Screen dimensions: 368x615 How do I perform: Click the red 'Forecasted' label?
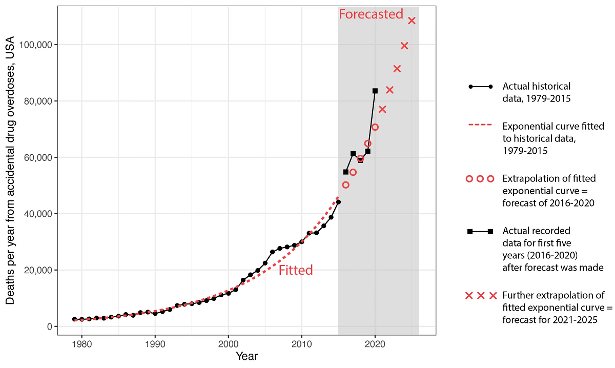[371, 14]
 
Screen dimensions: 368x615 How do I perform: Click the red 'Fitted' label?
[296, 270]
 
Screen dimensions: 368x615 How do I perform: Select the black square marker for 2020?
[375, 91]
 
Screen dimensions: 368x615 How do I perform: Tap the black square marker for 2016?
[345, 172]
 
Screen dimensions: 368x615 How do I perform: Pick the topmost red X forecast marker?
[412, 21]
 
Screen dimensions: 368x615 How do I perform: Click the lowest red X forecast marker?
[382, 109]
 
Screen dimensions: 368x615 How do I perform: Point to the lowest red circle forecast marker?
[345, 185]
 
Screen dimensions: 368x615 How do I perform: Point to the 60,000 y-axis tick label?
[37, 158]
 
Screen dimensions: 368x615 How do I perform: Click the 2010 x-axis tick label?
[302, 343]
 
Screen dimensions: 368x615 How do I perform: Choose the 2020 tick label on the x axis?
[375, 343]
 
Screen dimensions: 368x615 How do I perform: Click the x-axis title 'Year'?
[247, 356]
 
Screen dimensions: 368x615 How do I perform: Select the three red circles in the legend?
[480, 179]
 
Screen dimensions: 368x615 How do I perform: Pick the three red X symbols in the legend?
[480, 296]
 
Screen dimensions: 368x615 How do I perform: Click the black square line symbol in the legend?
[480, 231]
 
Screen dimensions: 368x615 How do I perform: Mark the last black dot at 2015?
[338, 202]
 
